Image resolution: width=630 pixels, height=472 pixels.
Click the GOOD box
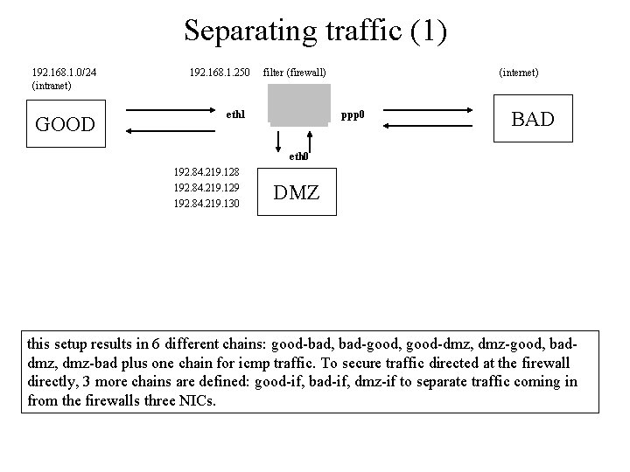(64, 123)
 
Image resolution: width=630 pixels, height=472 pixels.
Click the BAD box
(533, 119)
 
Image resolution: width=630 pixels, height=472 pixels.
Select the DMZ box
(297, 192)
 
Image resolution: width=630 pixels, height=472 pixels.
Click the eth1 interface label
(235, 115)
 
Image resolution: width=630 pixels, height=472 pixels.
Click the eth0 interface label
(298, 156)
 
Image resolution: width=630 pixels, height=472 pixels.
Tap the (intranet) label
(51, 86)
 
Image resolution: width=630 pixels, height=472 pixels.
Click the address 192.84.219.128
(206, 171)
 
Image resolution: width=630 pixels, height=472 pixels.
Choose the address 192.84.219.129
(206, 187)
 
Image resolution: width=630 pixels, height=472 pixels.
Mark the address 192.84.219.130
(206, 203)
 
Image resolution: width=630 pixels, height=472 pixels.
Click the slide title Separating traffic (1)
(315, 31)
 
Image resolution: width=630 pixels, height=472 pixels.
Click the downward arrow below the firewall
(276, 140)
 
